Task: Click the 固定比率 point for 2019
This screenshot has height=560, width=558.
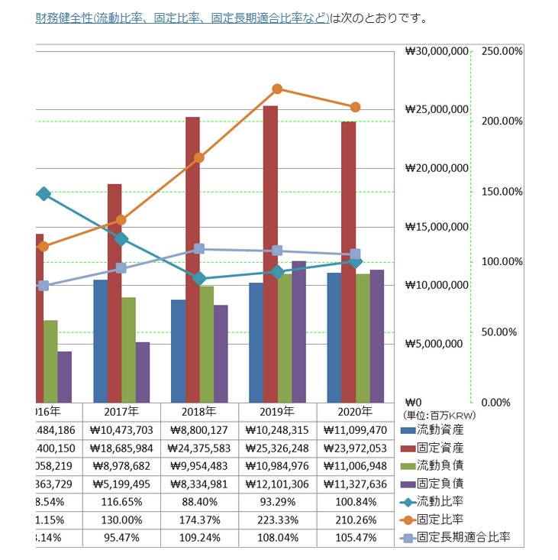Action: [277, 89]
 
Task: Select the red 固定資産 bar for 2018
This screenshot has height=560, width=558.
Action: [192, 260]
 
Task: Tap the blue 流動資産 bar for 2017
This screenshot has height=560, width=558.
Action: [100, 341]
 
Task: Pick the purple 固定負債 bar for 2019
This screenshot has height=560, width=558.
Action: [298, 332]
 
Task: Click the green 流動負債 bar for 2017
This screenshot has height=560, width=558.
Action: [129, 349]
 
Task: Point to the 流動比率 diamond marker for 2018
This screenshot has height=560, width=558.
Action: [199, 279]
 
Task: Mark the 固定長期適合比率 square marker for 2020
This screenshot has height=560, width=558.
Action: [355, 254]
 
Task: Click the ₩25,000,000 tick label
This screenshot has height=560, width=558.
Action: [437, 109]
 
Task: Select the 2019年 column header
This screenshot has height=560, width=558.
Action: [277, 411]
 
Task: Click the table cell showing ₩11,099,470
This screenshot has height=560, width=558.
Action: [355, 429]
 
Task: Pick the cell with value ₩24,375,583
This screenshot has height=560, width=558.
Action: [199, 448]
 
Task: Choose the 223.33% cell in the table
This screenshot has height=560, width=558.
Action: [277, 520]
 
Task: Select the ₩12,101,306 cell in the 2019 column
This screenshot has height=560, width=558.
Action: [277, 484]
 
